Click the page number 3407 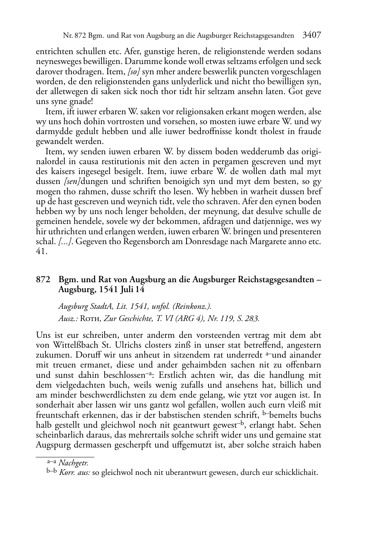point(312,35)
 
